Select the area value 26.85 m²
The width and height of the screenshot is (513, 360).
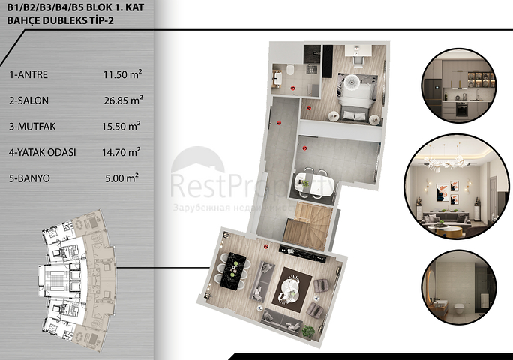click(123, 99)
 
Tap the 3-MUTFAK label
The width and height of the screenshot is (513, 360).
click(34, 126)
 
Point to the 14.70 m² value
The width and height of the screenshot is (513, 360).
click(123, 152)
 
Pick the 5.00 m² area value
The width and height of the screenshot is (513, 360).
click(123, 178)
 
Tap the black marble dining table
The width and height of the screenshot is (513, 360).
click(233, 269)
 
